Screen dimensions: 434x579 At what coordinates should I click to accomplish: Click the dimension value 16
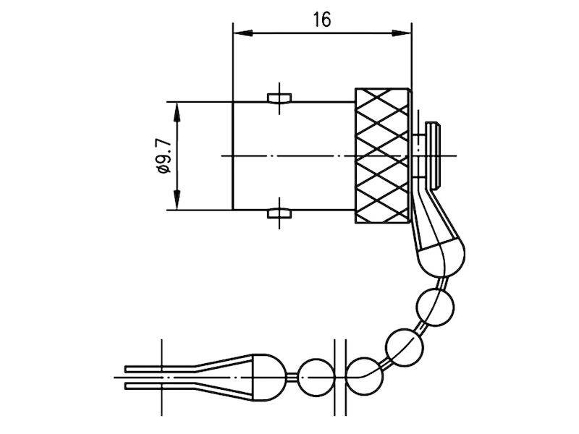[322, 20]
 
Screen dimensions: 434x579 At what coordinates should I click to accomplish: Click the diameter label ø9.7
[164, 156]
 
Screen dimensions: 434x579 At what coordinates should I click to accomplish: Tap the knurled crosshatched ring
[383, 156]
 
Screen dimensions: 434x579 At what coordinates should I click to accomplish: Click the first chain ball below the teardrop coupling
[433, 303]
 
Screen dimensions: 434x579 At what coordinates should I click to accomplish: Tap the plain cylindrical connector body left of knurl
[293, 156]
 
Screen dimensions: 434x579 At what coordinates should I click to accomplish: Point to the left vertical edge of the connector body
[232, 156]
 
